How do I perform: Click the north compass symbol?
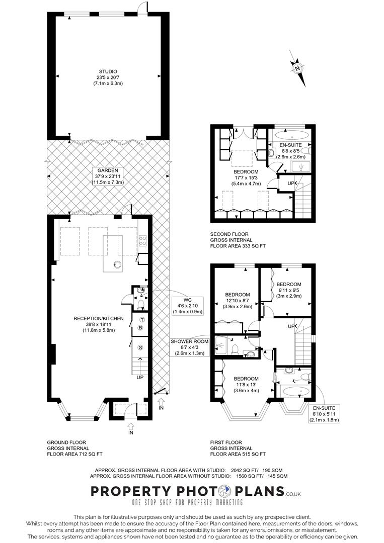297,68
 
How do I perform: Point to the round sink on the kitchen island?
118,263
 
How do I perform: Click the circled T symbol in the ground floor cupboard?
142,320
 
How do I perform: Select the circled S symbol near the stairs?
141,347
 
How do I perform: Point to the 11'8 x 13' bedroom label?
246,385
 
